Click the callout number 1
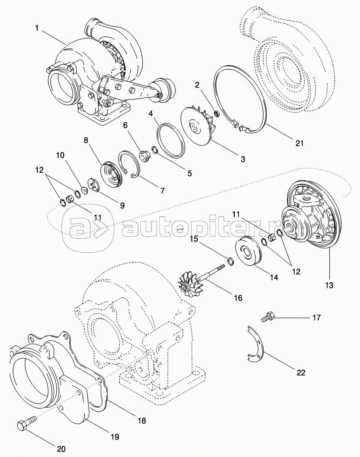point(37,28)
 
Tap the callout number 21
point(299,143)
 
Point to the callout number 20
point(61,449)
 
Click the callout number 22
point(301,372)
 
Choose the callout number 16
point(238,298)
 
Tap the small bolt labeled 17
point(267,317)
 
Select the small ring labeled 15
point(230,261)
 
